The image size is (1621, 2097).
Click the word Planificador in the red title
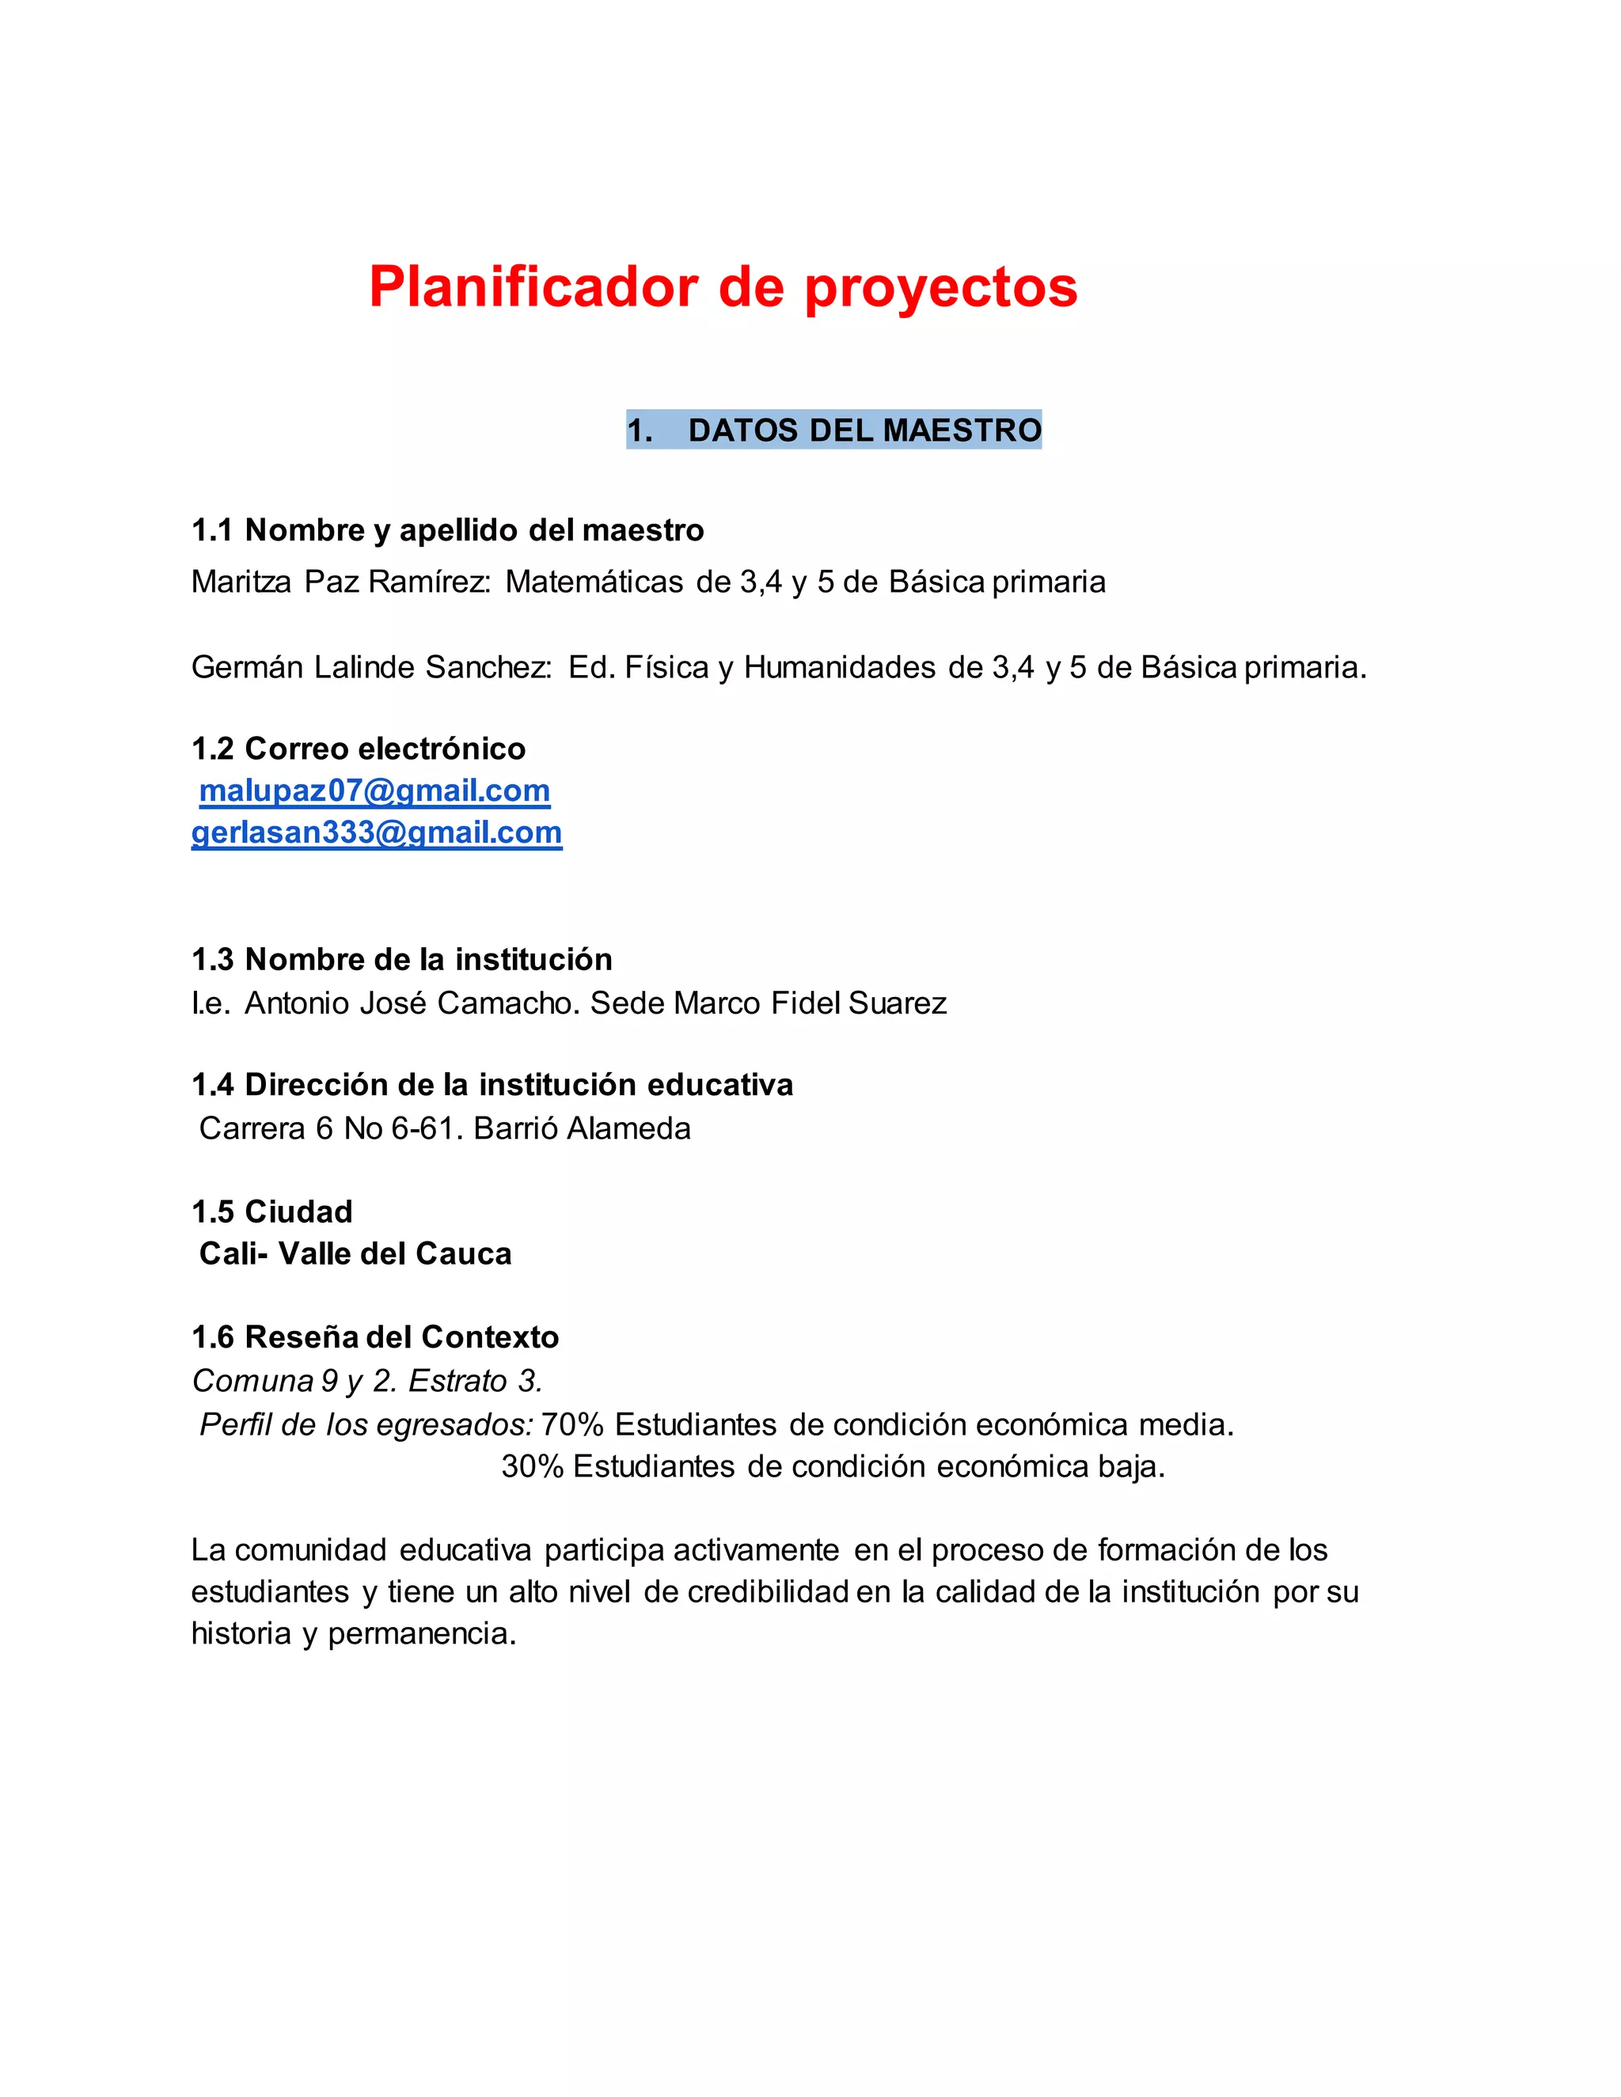tap(533, 287)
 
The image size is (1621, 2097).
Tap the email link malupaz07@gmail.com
tap(374, 791)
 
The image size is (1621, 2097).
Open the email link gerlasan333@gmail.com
tap(377, 832)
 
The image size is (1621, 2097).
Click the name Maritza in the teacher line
tap(241, 582)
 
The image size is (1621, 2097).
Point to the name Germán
tap(247, 666)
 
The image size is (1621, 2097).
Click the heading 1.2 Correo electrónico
tap(359, 748)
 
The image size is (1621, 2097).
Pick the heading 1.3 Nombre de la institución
tap(401, 959)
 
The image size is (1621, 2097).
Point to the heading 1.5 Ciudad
tap(271, 1212)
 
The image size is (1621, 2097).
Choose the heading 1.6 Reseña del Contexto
tap(374, 1337)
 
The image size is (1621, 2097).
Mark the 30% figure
tap(531, 1466)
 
